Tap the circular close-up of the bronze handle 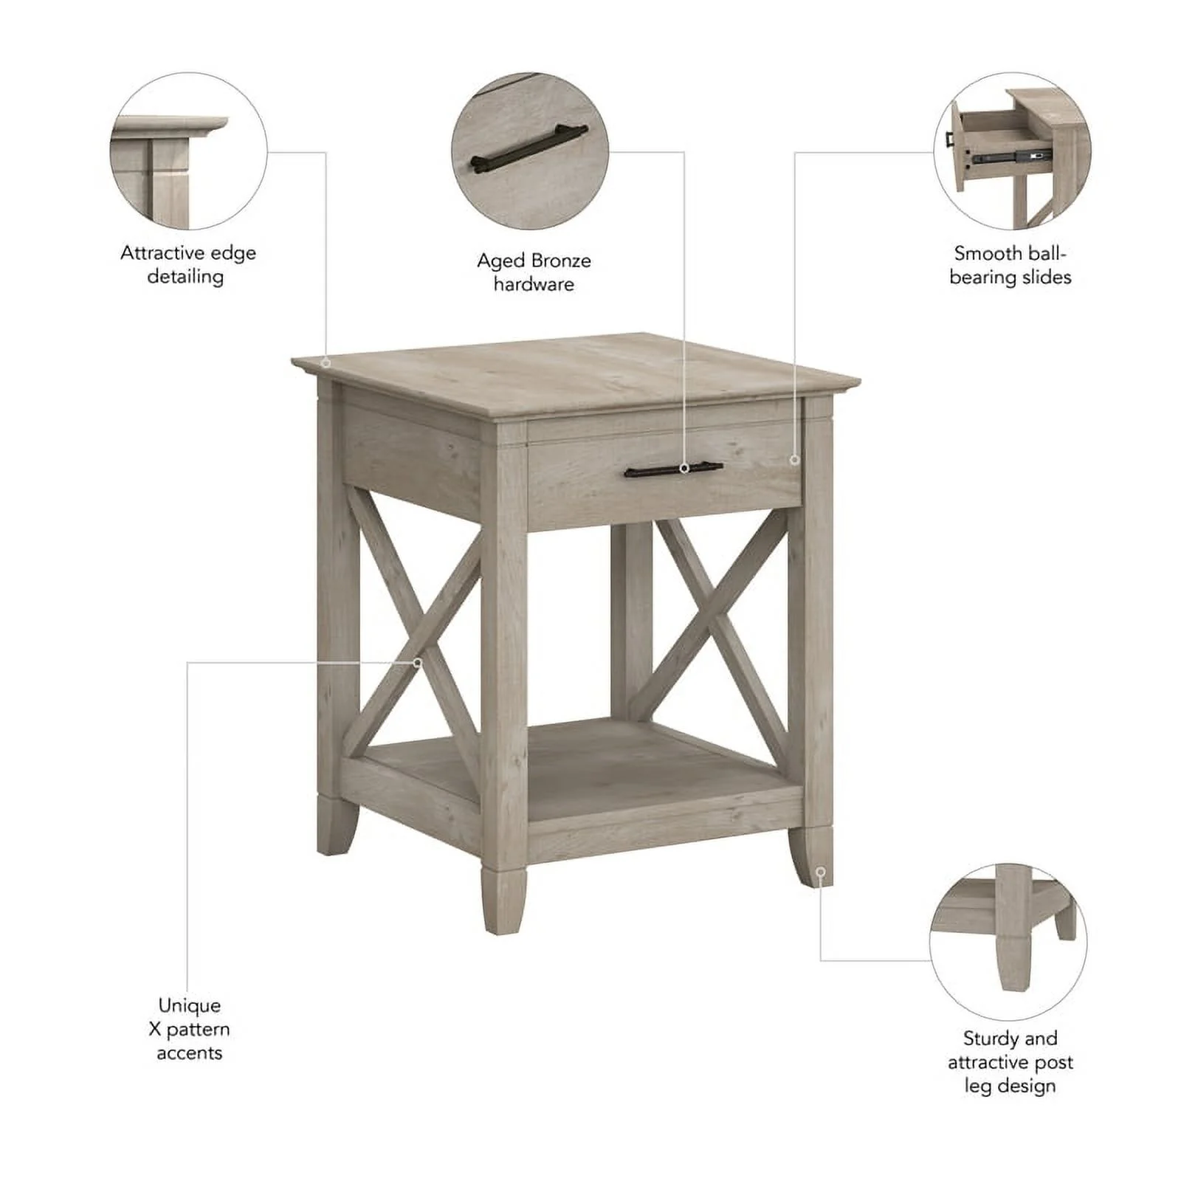coord(530,151)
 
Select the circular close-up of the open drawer coord(1012,151)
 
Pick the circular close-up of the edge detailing coord(188,151)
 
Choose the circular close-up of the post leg coord(1008,942)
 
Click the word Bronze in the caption coord(561,261)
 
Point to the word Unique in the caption coord(189,1005)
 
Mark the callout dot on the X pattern coord(417,663)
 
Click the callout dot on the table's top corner coord(326,362)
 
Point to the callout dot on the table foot coord(820,872)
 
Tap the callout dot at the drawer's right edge coord(794,460)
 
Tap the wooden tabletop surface coord(576,376)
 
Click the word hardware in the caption coord(534,284)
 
